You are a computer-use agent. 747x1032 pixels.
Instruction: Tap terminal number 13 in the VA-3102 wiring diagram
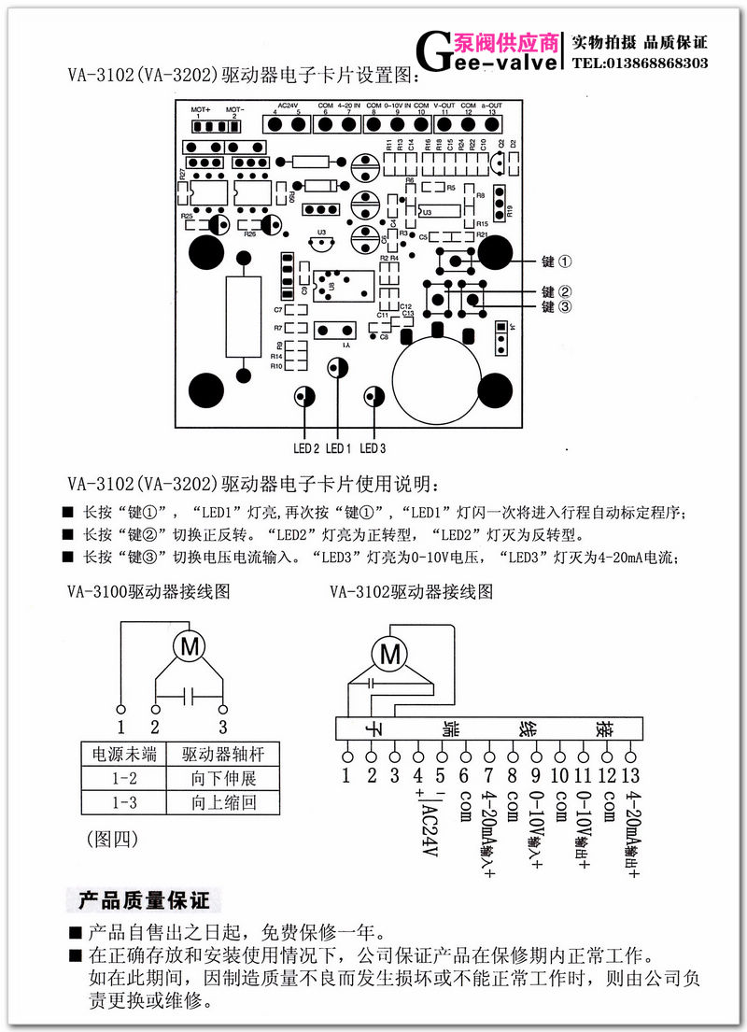(x=632, y=773)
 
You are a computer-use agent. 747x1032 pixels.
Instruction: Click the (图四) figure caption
(x=112, y=839)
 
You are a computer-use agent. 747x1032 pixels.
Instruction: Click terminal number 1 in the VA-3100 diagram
(x=120, y=727)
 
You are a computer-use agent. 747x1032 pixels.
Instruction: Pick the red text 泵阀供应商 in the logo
(x=506, y=42)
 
